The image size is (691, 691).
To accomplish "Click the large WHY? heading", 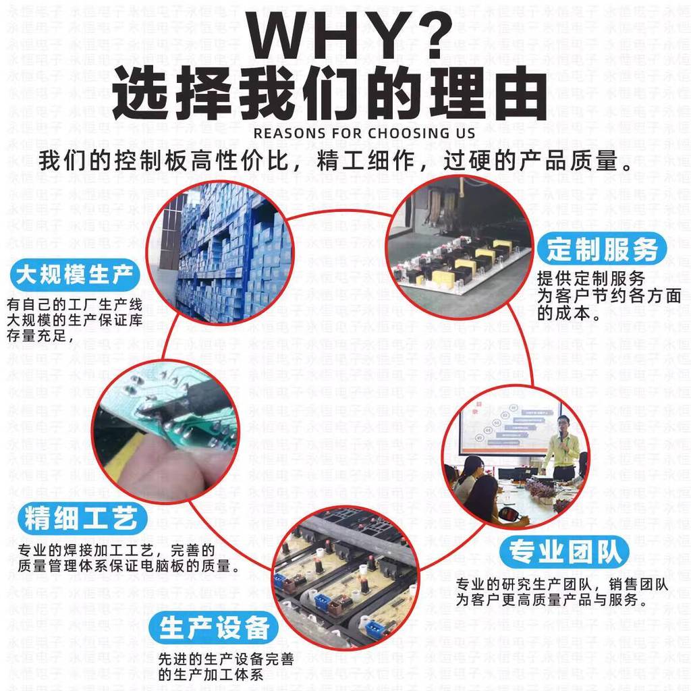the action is coord(349,35).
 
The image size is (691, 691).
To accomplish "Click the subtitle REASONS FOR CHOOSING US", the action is coord(364,133).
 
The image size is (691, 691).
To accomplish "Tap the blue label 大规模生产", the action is coord(74,275).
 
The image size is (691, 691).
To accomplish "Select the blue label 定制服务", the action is coord(602,249).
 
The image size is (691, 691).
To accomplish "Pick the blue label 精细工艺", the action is coord(82,518).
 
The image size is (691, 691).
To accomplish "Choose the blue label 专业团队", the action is coord(564,551).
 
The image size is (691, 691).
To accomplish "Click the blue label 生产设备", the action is coord(214,628).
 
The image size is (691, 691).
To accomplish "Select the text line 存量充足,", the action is coord(40,335).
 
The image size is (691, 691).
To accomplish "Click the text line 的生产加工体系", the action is coord(211,675).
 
